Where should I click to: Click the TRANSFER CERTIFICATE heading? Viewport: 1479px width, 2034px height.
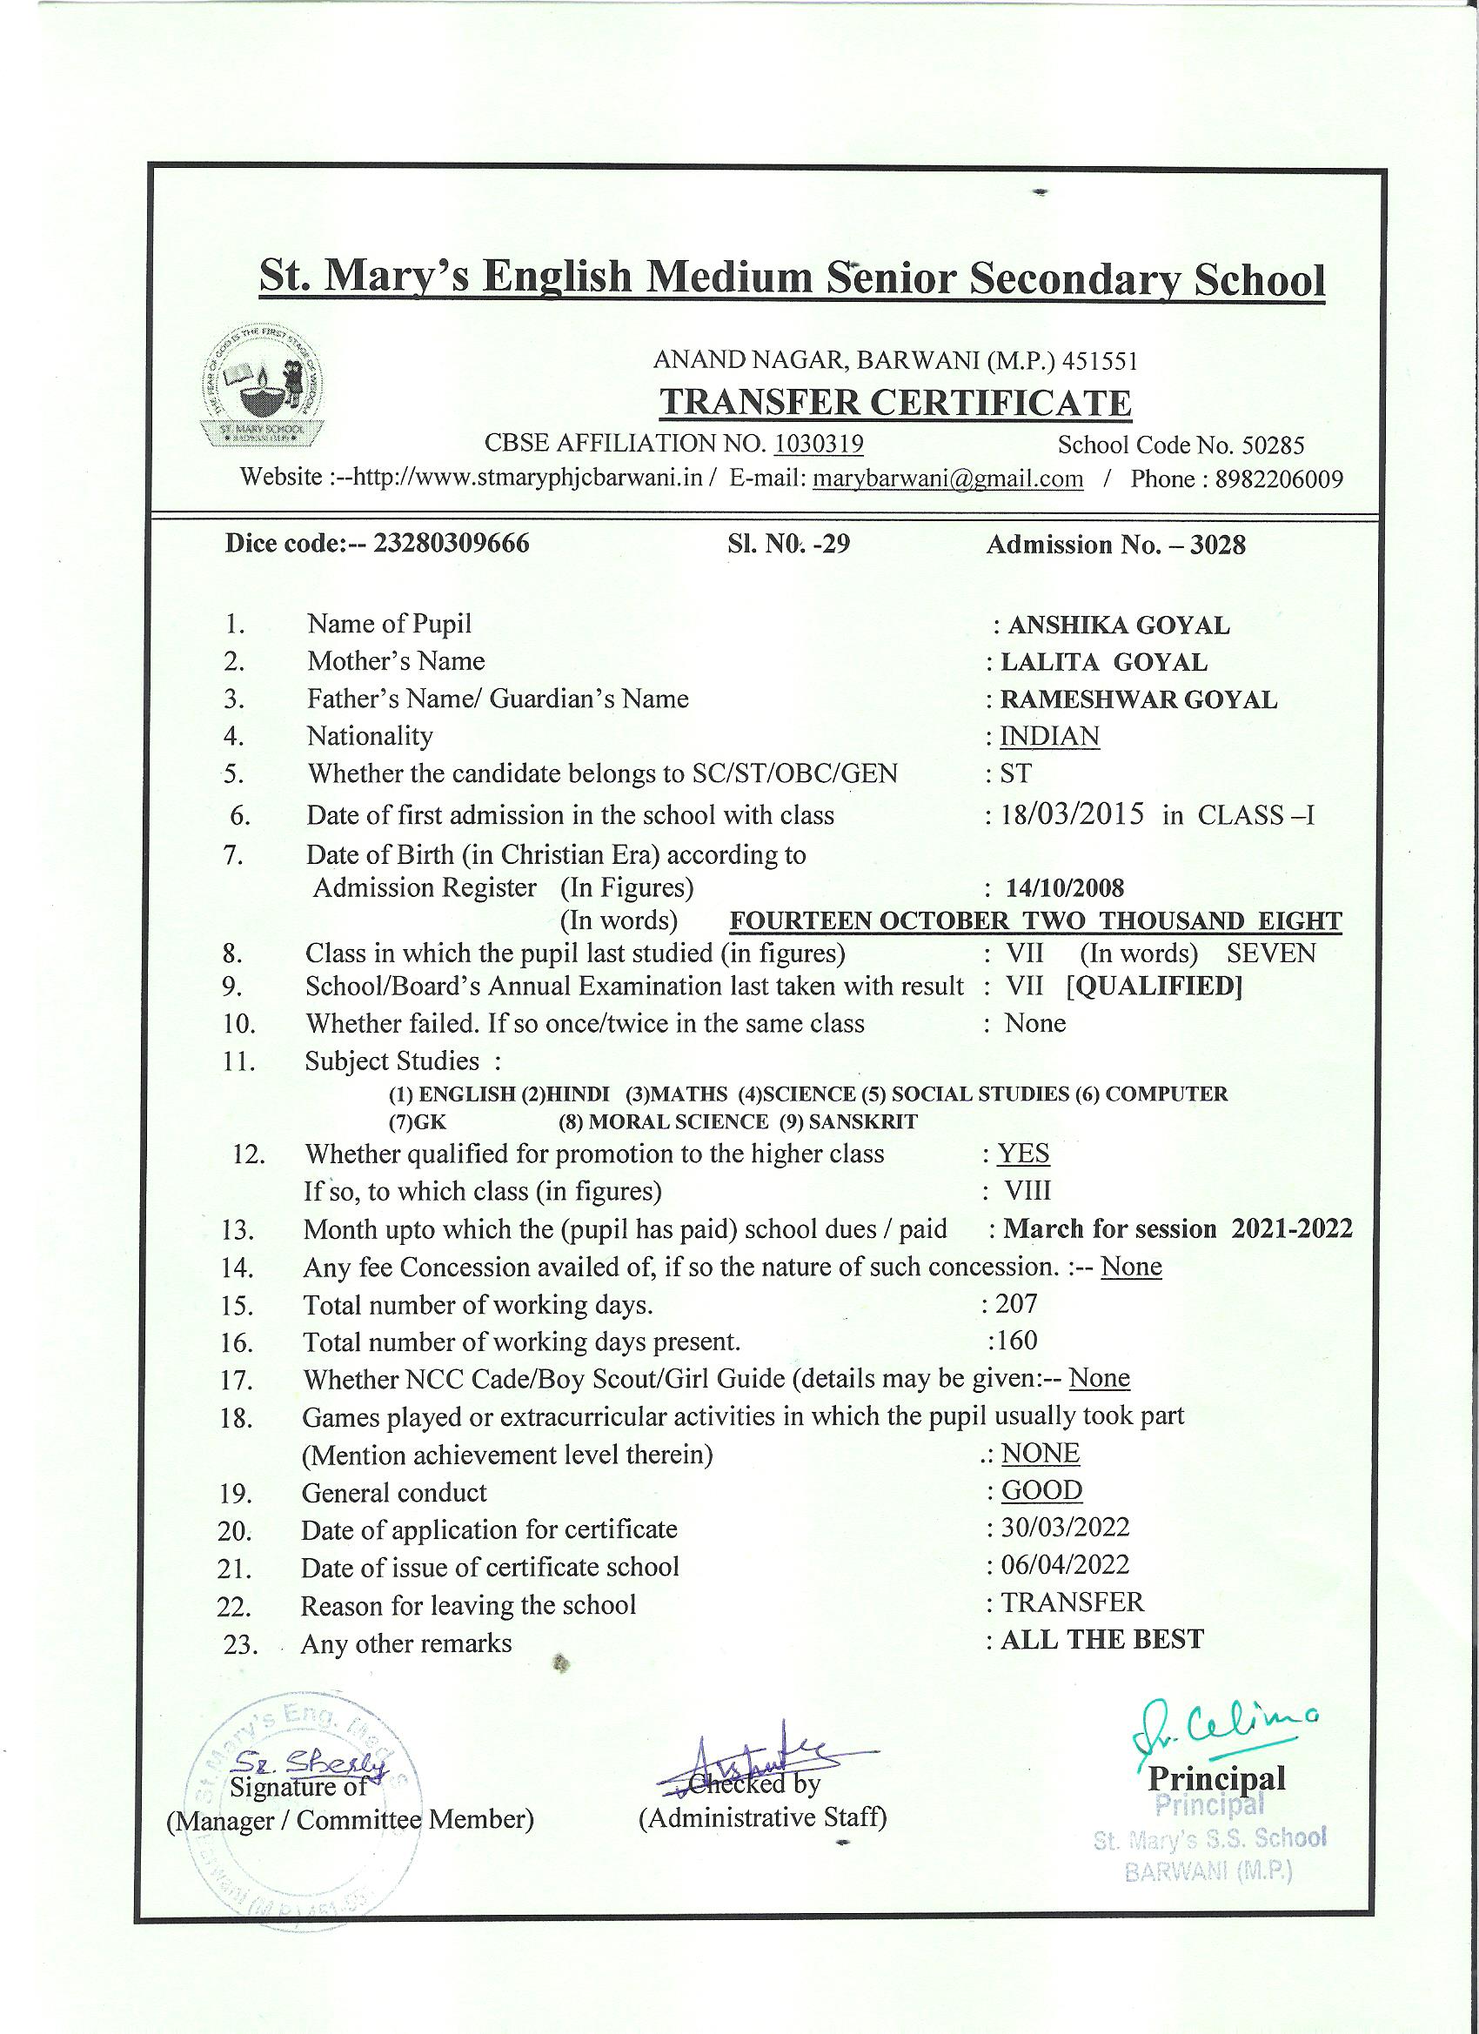tap(895, 403)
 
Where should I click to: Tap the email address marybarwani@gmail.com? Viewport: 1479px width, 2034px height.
tap(947, 478)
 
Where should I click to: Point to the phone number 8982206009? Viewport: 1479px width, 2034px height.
tap(1279, 478)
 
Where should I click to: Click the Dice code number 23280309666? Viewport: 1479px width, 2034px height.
tap(452, 544)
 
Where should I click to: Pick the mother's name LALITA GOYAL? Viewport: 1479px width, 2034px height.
tap(1103, 662)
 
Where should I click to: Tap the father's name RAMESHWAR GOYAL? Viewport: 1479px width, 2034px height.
tap(1138, 699)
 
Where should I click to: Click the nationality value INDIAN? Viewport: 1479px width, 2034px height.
tap(1049, 736)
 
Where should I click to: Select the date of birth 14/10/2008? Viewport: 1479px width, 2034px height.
tap(1065, 888)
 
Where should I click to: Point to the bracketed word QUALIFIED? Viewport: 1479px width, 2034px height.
tap(1154, 987)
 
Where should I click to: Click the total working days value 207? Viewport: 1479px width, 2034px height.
tap(1015, 1303)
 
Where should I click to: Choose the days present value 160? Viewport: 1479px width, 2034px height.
tap(1015, 1341)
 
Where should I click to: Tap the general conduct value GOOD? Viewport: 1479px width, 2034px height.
tap(1041, 1490)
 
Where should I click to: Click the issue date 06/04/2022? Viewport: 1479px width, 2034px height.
tap(1065, 1565)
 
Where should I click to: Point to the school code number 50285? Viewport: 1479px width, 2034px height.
tap(1273, 445)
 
